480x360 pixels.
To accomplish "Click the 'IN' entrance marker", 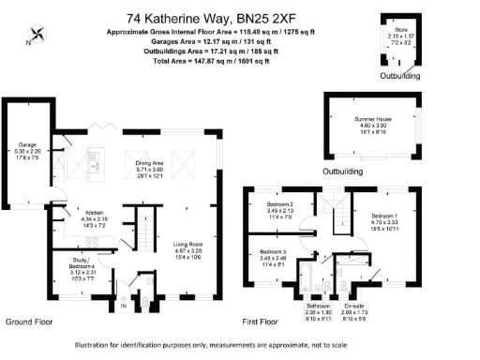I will (x=123, y=307).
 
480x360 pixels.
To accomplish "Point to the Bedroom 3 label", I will (x=273, y=252).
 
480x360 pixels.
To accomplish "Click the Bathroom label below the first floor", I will (x=317, y=306).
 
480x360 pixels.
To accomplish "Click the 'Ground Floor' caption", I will (x=29, y=322).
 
